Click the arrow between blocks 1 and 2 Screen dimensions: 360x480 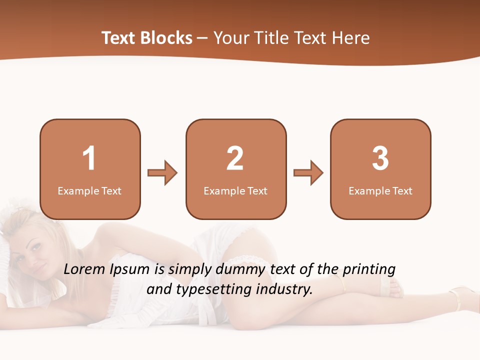[x=162, y=173]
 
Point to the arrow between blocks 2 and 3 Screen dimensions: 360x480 [x=308, y=173]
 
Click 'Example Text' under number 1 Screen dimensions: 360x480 [x=89, y=190]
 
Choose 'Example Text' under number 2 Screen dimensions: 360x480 [x=235, y=190]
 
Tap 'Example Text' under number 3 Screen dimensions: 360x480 [x=380, y=190]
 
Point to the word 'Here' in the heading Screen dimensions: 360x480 [x=351, y=37]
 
